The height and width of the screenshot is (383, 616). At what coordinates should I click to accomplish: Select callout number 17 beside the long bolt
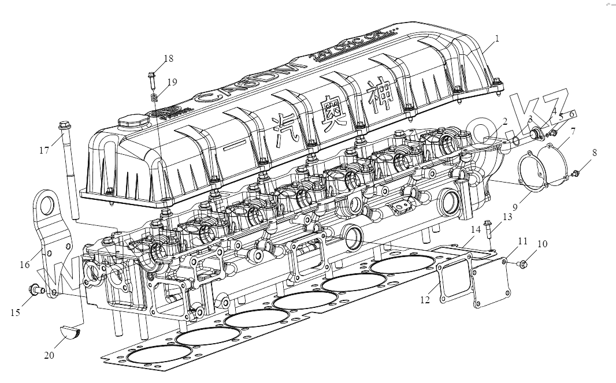[x=44, y=151]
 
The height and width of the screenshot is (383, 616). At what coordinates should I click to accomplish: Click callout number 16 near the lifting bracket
[x=24, y=265]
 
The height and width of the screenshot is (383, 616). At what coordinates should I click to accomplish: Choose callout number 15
[x=15, y=312]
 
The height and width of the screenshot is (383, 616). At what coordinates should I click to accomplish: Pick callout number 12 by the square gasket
[x=425, y=300]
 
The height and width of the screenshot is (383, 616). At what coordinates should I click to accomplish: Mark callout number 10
[x=541, y=244]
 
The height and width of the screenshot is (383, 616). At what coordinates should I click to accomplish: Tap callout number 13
[x=507, y=217]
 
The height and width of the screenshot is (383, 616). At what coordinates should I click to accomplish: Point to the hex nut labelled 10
[x=523, y=265]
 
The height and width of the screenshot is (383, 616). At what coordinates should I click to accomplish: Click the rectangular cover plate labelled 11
[x=491, y=280]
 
